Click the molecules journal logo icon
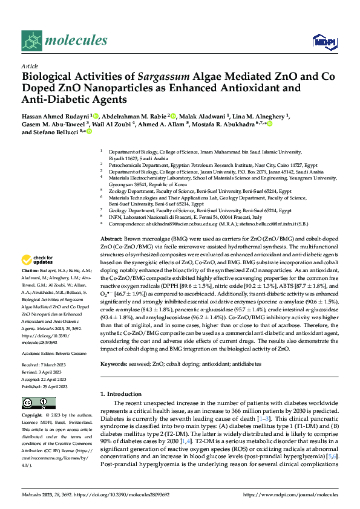pyautogui.click(x=31, y=41)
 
